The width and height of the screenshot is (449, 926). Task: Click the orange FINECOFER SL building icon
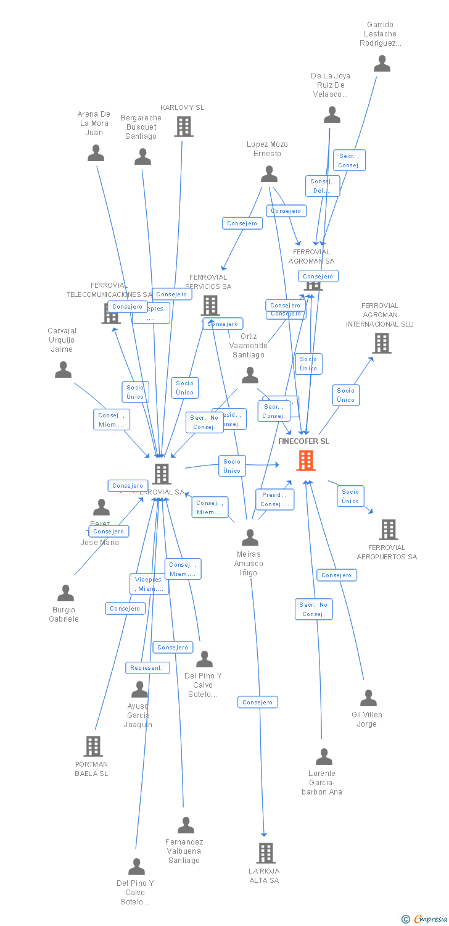point(306,461)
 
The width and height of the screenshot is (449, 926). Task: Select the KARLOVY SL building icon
point(184,127)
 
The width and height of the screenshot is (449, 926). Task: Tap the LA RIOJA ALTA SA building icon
point(265,853)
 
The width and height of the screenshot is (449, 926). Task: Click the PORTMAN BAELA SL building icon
point(93,746)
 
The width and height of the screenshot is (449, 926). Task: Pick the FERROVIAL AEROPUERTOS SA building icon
point(389,530)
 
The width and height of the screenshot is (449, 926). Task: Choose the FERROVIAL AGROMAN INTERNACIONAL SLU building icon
point(382,343)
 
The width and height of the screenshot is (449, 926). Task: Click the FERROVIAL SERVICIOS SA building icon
point(210,305)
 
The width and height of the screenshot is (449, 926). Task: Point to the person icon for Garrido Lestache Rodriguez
point(382,64)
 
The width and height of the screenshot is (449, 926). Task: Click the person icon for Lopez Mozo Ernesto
point(269,175)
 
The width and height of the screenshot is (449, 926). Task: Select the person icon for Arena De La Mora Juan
point(96,153)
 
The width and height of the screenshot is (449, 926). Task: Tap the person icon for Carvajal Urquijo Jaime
point(64,370)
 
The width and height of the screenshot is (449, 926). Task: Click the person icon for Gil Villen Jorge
point(368,698)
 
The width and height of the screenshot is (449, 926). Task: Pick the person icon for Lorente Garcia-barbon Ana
point(324,757)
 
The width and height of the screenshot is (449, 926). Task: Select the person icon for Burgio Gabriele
point(65,594)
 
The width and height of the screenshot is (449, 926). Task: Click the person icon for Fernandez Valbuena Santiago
point(186,825)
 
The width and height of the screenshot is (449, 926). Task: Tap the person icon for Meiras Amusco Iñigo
point(250,538)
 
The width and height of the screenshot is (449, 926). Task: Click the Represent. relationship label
point(147,668)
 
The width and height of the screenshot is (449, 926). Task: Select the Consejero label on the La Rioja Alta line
point(258,702)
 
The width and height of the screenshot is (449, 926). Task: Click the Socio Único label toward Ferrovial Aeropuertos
point(350,496)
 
